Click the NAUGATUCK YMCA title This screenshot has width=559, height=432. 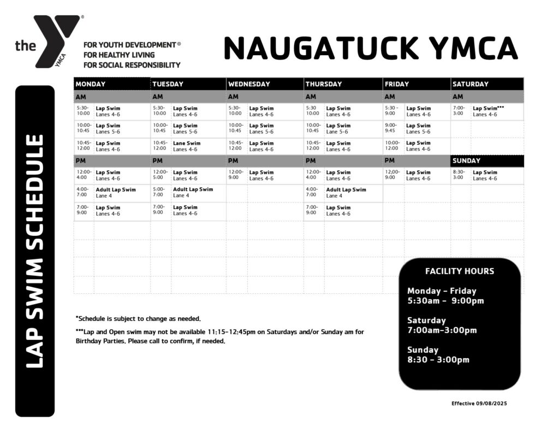(370, 48)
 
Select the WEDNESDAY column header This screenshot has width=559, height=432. (249, 84)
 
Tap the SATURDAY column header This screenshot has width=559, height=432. (471, 84)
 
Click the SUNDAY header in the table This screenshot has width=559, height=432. (466, 161)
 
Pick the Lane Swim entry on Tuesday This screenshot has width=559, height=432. (187, 146)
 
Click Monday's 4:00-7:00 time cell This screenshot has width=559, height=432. (84, 192)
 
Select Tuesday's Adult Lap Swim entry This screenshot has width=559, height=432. (193, 192)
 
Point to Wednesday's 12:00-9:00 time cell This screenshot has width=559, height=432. (236, 175)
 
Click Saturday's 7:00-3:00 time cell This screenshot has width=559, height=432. (459, 111)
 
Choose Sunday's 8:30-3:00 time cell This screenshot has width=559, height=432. (459, 175)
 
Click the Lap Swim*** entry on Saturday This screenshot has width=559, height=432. (488, 111)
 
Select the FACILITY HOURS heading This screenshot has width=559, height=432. (460, 271)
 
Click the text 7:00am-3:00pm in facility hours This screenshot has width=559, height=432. (442, 330)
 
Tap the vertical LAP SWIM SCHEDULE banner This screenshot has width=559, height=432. (35, 251)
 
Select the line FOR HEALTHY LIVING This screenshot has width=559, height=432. (119, 55)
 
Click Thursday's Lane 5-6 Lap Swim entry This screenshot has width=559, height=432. (338, 128)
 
